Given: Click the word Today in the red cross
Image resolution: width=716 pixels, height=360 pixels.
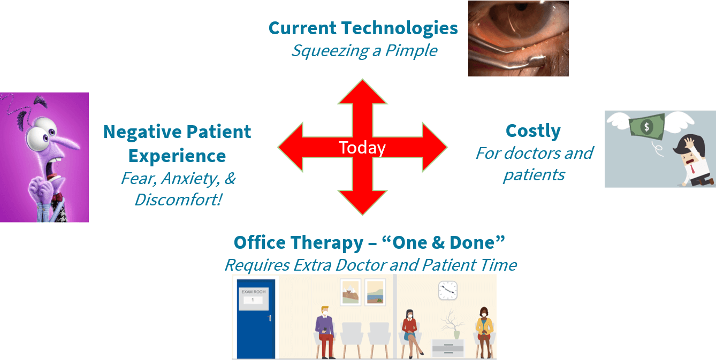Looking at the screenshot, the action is pos(362,148).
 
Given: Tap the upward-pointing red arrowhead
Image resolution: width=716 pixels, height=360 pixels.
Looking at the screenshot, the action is pos(362,92).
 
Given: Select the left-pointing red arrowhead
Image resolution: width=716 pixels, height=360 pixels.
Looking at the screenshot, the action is pos(291,147).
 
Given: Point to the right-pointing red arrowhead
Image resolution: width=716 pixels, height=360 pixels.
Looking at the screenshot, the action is pos(435,147).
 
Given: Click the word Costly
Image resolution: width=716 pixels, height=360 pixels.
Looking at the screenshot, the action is pos(533,131).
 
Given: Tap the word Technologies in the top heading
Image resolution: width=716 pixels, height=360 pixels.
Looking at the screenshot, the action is pos(400,29).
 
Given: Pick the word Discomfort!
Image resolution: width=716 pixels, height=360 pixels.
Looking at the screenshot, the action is pos(178,200).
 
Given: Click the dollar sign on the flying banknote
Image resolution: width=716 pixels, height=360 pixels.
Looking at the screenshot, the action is pos(646,127).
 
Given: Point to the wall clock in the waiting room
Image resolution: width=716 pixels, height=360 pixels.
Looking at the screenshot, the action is pos(447,290).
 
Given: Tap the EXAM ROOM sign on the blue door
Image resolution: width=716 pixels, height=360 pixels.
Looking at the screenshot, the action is pos(254,299).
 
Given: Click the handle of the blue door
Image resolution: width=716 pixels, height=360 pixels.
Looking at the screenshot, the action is pos(270,318).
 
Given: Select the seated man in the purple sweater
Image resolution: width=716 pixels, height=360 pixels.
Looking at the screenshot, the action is pos(325,332).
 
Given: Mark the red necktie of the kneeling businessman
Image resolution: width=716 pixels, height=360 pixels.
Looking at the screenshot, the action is pos(692,169).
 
